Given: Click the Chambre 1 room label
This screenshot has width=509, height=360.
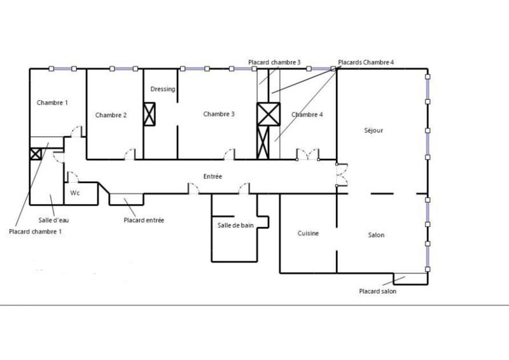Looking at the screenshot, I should pyautogui.click(x=52, y=102).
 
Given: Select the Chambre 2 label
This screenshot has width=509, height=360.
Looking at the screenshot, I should pyautogui.click(x=111, y=115).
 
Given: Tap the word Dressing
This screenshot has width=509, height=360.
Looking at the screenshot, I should pyautogui.click(x=163, y=89).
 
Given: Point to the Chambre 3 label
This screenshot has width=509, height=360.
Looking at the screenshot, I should pyautogui.click(x=219, y=114).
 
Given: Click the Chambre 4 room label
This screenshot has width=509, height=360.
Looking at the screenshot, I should pyautogui.click(x=307, y=114).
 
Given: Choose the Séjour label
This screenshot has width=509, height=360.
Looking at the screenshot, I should pyautogui.click(x=373, y=130).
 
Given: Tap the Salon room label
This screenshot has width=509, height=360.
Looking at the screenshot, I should pyautogui.click(x=376, y=235).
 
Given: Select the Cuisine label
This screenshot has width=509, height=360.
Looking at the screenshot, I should pyautogui.click(x=308, y=233).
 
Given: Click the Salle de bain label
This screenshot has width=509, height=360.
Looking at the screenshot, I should pyautogui.click(x=235, y=225).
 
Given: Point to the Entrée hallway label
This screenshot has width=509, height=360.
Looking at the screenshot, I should pyautogui.click(x=213, y=176).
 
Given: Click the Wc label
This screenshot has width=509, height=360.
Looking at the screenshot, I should pyautogui.click(x=74, y=192).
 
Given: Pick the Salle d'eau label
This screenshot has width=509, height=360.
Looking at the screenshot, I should pyautogui.click(x=52, y=219).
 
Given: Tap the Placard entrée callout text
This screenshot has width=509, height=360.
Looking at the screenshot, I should pyautogui.click(x=144, y=220).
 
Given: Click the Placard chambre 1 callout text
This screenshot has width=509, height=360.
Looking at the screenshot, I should pyautogui.click(x=36, y=232).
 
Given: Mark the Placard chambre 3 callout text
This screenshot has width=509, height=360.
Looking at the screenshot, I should pyautogui.click(x=274, y=62).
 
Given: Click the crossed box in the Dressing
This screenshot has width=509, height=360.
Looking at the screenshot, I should pyautogui.click(x=150, y=114).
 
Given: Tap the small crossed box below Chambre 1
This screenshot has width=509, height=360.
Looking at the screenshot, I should pyautogui.click(x=35, y=153).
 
